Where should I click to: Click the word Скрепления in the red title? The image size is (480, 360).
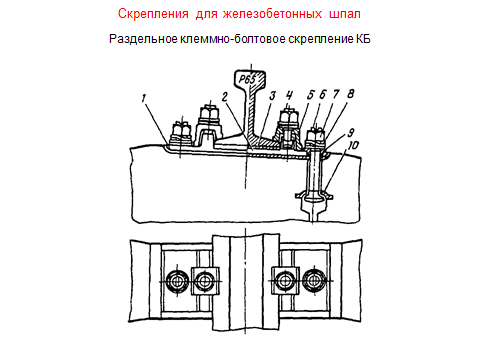153,14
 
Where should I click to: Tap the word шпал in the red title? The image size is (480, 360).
345,14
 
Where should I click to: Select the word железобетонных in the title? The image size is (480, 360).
272,14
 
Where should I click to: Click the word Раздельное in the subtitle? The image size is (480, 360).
143,39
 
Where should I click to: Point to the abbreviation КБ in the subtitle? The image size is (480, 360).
363,39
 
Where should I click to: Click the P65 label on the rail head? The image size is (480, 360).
247,79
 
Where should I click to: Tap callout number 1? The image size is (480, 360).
144,99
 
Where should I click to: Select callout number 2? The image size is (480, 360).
225,97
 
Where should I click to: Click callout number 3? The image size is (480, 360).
273,96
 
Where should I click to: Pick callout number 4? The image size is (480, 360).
289,95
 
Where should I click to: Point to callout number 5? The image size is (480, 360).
310,95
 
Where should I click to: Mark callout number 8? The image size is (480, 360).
350,94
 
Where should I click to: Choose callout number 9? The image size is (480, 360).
351,133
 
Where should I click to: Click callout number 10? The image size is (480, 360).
353,146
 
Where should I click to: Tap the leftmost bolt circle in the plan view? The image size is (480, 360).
177,282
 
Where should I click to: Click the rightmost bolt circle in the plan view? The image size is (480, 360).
313,281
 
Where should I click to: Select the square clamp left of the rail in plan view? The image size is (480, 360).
205,281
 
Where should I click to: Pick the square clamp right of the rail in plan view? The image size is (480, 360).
285,281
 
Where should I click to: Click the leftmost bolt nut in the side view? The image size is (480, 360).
181,131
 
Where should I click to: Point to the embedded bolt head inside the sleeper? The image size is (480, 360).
313,196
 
